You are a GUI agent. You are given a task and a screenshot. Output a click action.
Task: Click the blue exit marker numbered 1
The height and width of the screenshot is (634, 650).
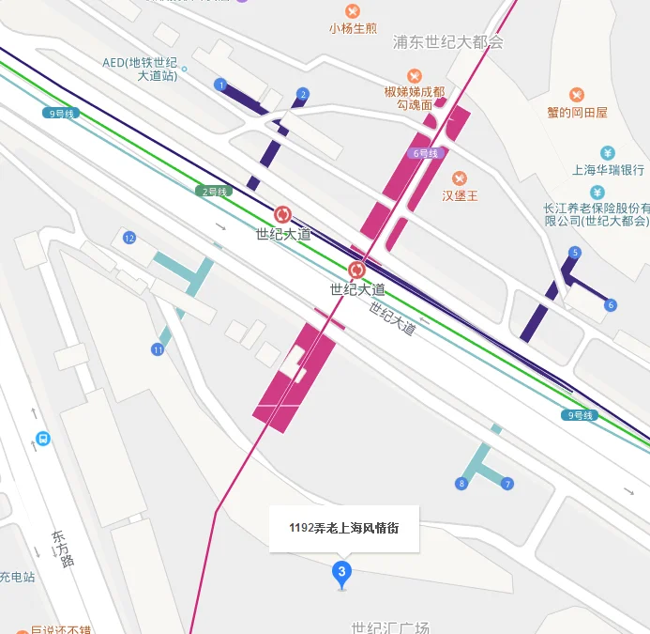220,85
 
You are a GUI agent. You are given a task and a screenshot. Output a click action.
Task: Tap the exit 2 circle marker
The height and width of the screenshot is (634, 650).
302,94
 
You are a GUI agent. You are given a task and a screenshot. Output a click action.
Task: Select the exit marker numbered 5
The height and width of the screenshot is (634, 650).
575,253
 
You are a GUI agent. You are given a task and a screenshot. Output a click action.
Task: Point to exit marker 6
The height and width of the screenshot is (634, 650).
611,304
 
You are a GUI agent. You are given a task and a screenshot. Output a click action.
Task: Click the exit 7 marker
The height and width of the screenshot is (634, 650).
507,484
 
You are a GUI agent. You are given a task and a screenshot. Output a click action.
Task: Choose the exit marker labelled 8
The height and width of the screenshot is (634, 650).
461,484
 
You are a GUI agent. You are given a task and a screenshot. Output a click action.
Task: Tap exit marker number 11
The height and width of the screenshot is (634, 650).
158,349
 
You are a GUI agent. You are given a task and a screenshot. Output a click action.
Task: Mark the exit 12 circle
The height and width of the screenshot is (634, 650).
129,237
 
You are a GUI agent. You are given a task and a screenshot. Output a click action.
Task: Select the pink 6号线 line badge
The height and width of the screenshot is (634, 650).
425,153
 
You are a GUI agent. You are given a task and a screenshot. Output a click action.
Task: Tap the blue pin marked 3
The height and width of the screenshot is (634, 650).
341,573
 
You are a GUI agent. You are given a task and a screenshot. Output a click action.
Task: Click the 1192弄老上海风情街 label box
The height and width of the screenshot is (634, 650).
344,528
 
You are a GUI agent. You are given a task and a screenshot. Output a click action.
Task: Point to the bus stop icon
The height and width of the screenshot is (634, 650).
42,439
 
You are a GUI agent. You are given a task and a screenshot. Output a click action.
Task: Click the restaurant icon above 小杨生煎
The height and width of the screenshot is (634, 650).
353,10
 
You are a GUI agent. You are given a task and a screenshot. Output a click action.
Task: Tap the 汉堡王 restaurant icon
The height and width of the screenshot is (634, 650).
460,178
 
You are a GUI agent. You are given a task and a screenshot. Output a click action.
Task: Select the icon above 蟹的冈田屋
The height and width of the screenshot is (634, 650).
576,95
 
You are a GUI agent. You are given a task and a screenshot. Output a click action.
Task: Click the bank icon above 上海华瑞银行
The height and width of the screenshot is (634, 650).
608,152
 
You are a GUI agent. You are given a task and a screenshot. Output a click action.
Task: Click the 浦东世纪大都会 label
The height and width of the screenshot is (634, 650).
448,42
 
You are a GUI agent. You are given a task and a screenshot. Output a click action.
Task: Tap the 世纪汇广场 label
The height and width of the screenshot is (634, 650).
389,626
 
